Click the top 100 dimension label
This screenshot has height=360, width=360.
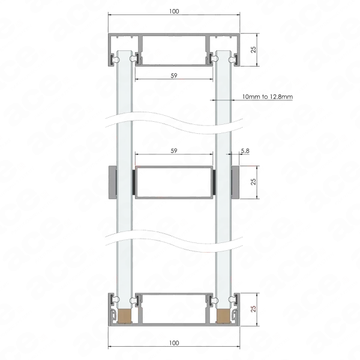click(x=174, y=11)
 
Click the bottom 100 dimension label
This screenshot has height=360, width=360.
click(x=174, y=343)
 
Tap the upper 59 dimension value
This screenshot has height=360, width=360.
click(x=174, y=76)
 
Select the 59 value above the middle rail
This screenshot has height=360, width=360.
click(x=174, y=151)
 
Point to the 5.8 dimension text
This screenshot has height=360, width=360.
click(x=245, y=151)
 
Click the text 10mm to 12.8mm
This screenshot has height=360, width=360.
click(x=268, y=97)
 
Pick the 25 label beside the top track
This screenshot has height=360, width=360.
click(x=253, y=50)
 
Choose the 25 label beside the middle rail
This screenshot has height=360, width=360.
click(x=253, y=182)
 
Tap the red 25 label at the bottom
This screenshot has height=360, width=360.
click(x=253, y=309)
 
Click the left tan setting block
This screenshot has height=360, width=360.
click(x=124, y=316)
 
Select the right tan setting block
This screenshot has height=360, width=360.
click(x=224, y=316)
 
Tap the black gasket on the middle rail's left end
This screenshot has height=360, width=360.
click(x=134, y=182)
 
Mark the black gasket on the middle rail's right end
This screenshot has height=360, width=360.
click(x=214, y=182)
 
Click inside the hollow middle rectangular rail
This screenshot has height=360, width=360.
click(x=174, y=182)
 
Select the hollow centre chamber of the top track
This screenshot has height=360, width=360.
click(x=174, y=50)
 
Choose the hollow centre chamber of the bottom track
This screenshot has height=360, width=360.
click(x=174, y=309)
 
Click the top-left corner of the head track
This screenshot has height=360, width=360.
click(x=109, y=34)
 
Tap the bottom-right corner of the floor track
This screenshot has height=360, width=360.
click(x=239, y=326)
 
